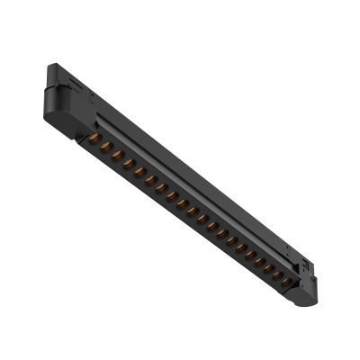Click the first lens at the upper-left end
pyautogui.click(x=94, y=139)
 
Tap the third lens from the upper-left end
pyautogui.click(x=117, y=154)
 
